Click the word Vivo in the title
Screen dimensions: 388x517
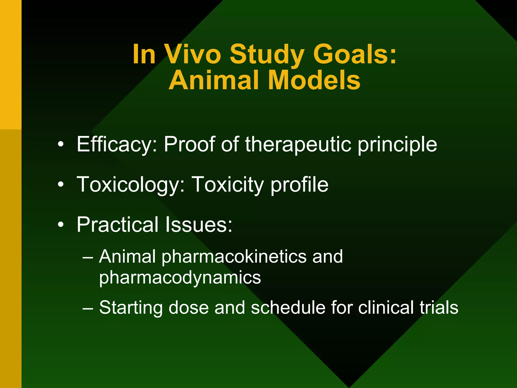click(193, 54)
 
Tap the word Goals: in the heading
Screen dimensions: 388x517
click(355, 54)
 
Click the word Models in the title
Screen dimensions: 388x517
click(314, 80)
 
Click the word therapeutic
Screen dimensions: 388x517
click(298, 144)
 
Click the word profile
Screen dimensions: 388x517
click(299, 185)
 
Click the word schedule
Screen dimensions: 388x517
click(288, 307)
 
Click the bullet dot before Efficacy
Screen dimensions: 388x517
click(61, 145)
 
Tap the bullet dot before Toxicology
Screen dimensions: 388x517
click(61, 185)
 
